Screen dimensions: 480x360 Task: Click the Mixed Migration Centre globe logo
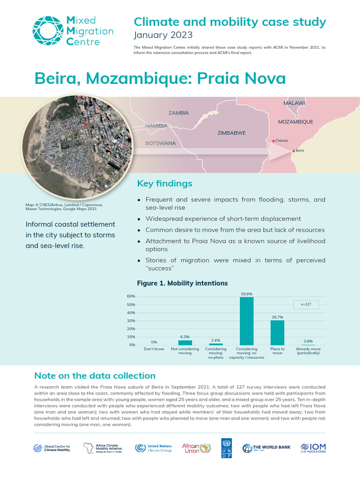coord(47,31)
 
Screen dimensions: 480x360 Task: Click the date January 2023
coord(162,35)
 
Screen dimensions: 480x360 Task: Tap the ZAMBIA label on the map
coord(178,113)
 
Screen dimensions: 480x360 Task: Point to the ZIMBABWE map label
coord(232,133)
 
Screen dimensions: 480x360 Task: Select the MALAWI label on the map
coord(294,103)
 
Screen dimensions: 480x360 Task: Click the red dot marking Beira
coord(293,150)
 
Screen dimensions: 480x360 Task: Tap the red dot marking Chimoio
coord(273,141)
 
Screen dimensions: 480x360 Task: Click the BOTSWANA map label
coord(160,142)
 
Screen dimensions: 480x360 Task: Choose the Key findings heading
coord(164,183)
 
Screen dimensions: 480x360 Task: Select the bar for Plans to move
coord(277,333)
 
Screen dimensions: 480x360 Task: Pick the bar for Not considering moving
coord(185,343)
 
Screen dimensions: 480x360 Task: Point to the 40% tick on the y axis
coord(131,313)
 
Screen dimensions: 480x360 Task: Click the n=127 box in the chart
coord(306,305)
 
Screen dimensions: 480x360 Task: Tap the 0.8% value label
coord(308,341)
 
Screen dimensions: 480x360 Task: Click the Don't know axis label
coord(154,349)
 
